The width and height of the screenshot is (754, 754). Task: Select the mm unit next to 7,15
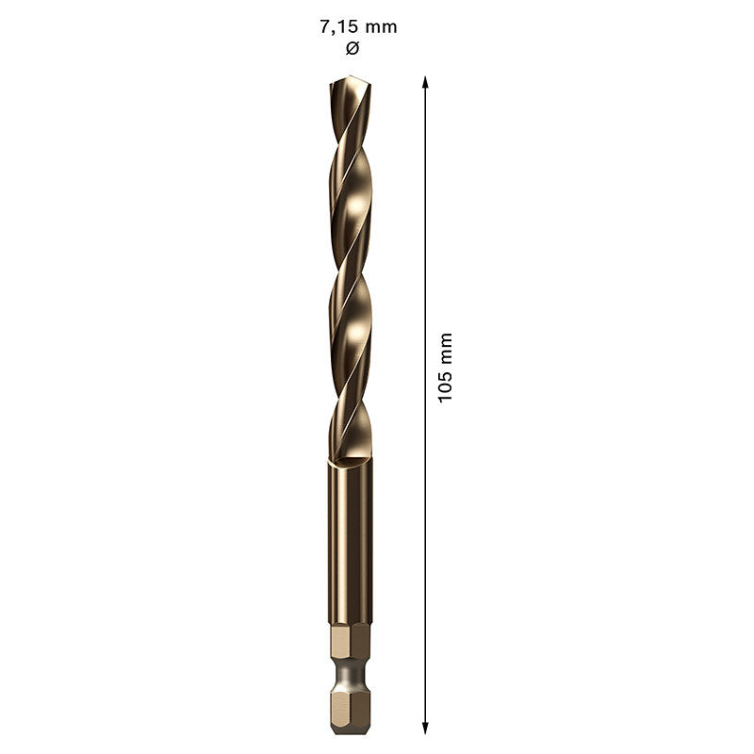[382, 26]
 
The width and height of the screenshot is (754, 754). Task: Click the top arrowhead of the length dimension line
[426, 82]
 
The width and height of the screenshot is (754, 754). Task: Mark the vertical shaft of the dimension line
[426, 236]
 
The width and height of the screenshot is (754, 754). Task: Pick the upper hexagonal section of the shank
[351, 643]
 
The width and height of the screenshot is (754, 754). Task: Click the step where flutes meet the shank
[351, 461]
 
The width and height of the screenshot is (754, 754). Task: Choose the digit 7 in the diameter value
[325, 26]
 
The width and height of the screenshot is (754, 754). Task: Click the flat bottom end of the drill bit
[351, 730]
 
